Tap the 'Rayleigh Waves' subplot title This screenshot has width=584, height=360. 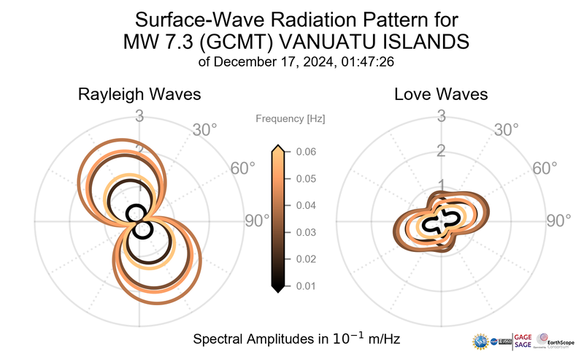point(139,95)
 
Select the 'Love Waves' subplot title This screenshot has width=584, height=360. point(442,95)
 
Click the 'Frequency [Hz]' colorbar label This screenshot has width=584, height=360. point(291,118)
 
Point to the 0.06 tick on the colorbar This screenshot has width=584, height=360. point(306,152)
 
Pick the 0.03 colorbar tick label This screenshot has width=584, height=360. point(306,232)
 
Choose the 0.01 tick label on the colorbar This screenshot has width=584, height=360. point(306,286)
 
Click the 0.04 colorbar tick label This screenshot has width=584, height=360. point(306,205)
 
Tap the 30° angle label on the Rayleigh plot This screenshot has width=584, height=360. point(204,131)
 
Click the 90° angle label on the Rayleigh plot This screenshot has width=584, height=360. point(258,221)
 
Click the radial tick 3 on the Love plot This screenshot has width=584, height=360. point(441,116)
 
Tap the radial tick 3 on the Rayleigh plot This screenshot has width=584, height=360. point(139,116)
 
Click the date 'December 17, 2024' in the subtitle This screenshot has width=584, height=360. point(275,62)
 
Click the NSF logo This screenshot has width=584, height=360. point(482,341)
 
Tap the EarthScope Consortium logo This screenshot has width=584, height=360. point(556,341)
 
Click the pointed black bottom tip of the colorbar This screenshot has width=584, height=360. point(277,289)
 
